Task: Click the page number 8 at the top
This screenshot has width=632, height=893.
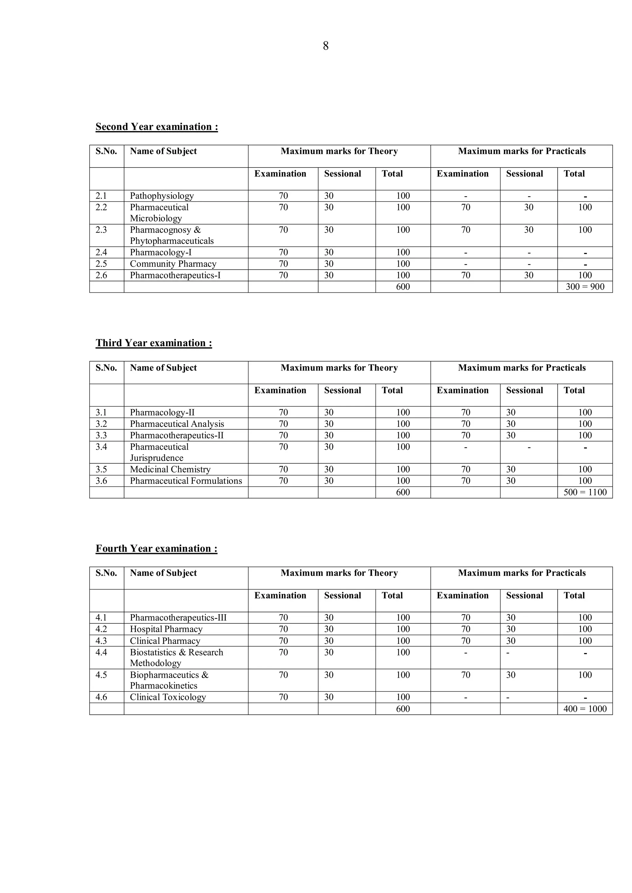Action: (326, 46)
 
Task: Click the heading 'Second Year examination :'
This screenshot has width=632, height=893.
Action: (156, 127)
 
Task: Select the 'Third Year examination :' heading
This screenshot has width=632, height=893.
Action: (154, 343)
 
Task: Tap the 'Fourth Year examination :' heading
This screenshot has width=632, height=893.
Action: (156, 548)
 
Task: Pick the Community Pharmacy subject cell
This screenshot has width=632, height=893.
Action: (173, 264)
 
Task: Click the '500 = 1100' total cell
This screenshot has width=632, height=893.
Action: (584, 492)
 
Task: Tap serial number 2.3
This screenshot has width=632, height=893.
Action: (101, 230)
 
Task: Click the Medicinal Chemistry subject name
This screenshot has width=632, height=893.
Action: (170, 469)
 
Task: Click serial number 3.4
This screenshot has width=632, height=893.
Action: (101, 447)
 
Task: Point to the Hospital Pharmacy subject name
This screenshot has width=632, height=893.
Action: (166, 629)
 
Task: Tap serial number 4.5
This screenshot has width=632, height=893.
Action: (101, 675)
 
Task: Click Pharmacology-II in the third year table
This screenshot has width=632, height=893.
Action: (162, 412)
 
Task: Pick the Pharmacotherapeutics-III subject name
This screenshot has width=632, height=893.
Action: (178, 618)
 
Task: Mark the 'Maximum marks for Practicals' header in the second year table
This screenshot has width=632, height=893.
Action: (522, 151)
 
